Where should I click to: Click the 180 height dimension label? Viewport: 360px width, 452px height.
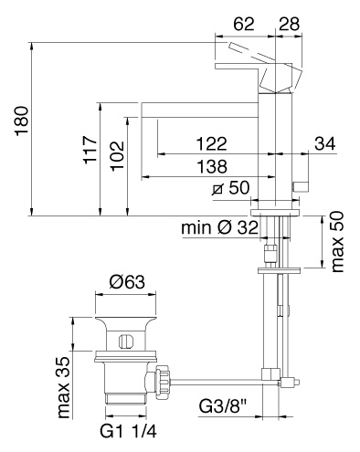click(x=22, y=121)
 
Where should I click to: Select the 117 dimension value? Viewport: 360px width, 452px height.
click(x=90, y=150)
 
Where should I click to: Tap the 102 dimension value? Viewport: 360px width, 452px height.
click(x=117, y=156)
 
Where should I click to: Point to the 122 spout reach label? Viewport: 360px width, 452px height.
click(x=212, y=143)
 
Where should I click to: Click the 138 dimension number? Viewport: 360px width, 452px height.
click(x=212, y=166)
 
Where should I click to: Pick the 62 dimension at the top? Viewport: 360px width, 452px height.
click(x=244, y=24)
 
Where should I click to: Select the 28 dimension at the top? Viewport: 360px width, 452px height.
click(x=289, y=24)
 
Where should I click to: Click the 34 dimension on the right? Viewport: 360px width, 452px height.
click(x=325, y=143)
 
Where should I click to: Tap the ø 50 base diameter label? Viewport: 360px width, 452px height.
click(x=230, y=187)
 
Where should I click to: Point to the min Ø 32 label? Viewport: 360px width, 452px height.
click(x=219, y=227)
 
